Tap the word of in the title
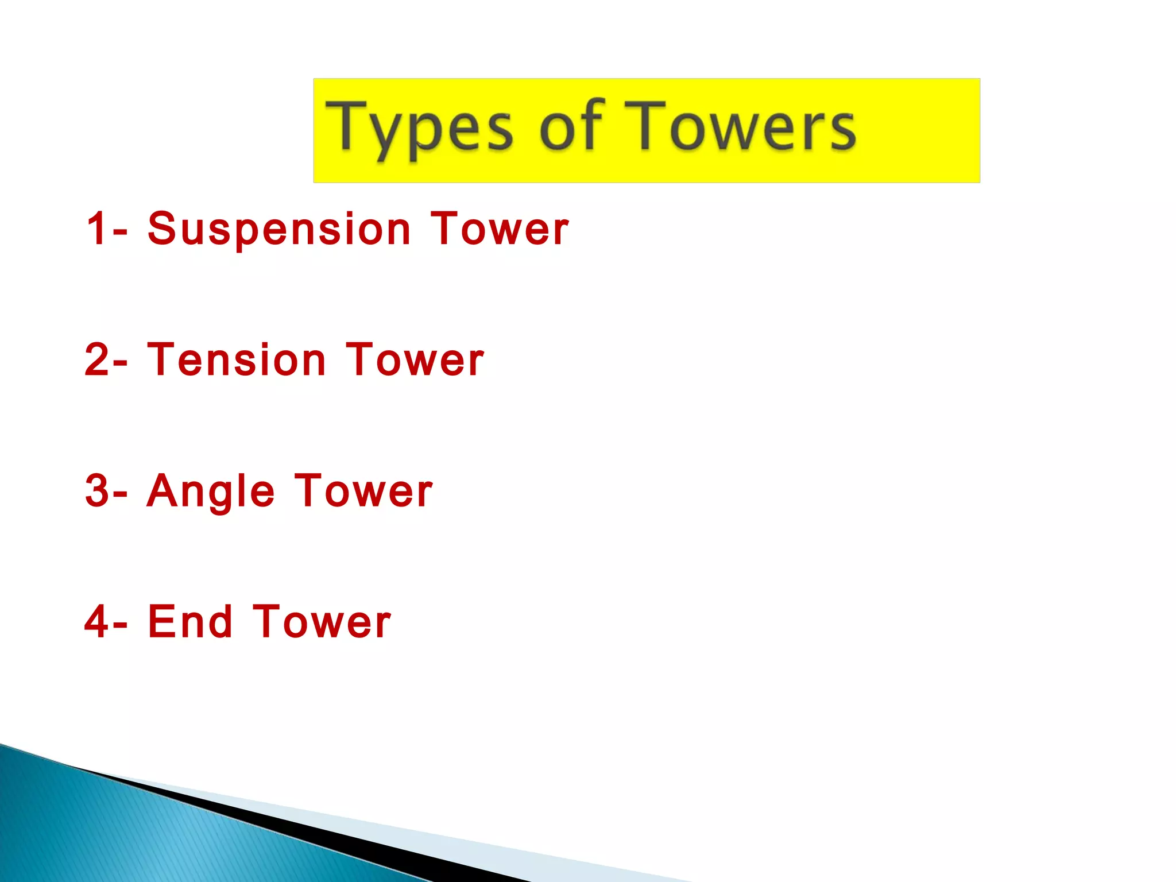click(x=572, y=125)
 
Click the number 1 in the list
click(x=96, y=229)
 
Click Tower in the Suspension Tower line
click(x=500, y=229)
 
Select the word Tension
click(x=237, y=360)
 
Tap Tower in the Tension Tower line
click(x=415, y=360)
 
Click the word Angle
click(x=211, y=492)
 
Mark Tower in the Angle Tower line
click(x=364, y=491)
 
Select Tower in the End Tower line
click(x=322, y=622)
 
